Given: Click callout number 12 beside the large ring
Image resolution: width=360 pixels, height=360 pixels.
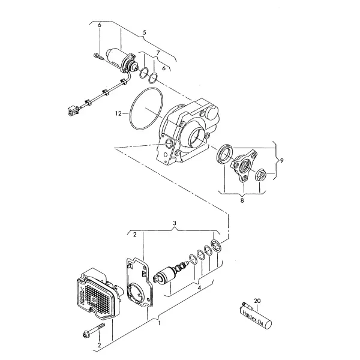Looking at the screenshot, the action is tap(118, 113).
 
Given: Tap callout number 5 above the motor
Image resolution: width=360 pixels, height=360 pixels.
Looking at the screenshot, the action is tap(144, 32).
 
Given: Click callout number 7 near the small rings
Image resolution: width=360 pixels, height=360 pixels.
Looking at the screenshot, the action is tap(158, 53).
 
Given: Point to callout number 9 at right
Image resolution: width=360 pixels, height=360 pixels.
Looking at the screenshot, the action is tap(282, 160).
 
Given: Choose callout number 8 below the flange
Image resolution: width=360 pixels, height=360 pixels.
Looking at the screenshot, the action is tap(242, 200).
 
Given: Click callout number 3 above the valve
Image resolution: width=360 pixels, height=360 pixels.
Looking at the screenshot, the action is tap(175, 223).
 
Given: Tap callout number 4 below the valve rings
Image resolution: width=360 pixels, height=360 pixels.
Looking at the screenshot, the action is tap(199, 287).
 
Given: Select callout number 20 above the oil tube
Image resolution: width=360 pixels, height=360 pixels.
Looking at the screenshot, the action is tap(257, 301).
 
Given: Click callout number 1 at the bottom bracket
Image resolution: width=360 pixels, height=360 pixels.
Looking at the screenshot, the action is tap(160, 323).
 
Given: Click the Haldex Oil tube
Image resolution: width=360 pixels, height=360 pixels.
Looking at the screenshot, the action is tap(256, 316).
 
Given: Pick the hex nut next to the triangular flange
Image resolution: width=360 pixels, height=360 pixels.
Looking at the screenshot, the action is tap(260, 175).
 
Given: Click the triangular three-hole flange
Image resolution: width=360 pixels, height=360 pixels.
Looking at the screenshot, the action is tap(244, 166).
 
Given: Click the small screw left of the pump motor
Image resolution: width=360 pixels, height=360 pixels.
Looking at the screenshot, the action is tap(98, 56).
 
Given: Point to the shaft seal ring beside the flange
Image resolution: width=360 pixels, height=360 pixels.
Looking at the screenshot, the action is tap(226, 154).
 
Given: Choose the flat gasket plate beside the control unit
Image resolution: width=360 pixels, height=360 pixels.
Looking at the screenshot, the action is tap(140, 283).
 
